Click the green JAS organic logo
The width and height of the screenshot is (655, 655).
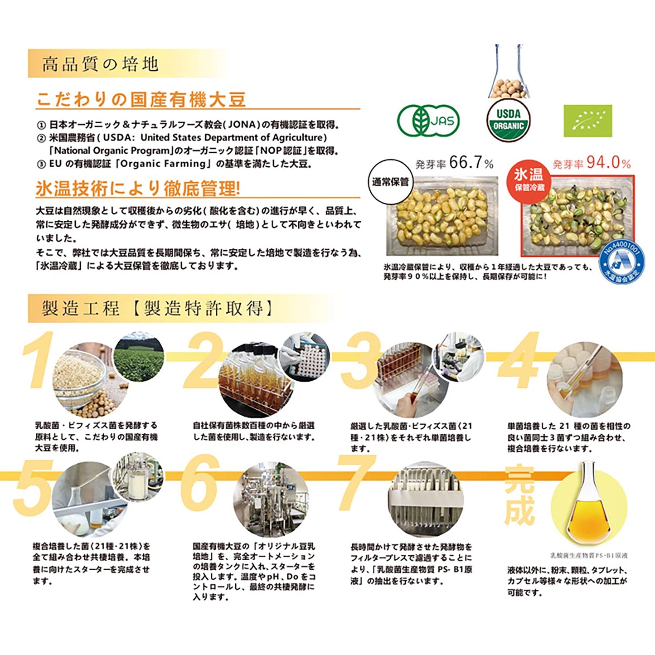point(428,121)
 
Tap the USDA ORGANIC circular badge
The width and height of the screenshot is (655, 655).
point(508,121)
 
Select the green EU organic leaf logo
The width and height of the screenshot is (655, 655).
point(587,121)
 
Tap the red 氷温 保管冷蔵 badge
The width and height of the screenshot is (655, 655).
point(529,179)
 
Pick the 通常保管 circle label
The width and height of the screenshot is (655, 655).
point(390,182)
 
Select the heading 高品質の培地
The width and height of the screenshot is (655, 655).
point(100,64)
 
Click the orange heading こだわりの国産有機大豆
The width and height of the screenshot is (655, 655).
point(141,100)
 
